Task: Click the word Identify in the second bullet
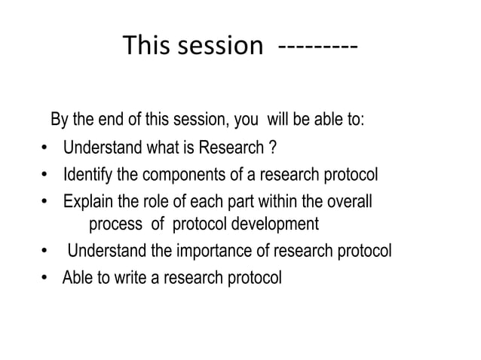(x=87, y=177)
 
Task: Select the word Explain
(x=87, y=202)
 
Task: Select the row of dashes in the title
(x=317, y=47)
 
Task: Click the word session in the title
(x=216, y=47)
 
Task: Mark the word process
(x=115, y=224)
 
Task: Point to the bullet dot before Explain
(x=44, y=203)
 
